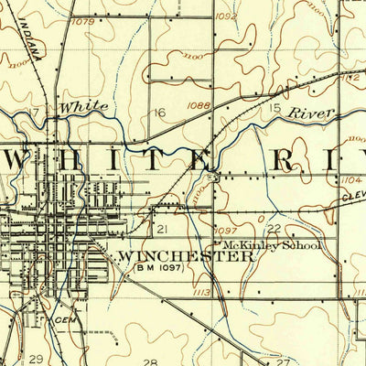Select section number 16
click(x=159, y=113)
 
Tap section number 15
click(x=274, y=109)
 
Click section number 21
click(x=162, y=228)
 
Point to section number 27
click(x=272, y=357)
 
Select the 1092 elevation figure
click(x=227, y=16)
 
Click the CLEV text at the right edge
click(x=352, y=195)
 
